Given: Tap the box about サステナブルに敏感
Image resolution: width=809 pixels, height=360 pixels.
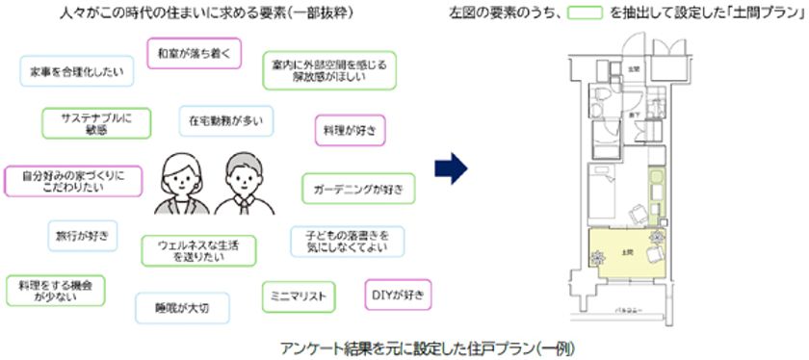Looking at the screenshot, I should coord(96,122).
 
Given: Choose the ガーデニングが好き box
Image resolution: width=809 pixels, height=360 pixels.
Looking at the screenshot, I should coord(358,187).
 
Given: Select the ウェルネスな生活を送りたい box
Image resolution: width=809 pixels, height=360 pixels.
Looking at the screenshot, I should coord(199,251).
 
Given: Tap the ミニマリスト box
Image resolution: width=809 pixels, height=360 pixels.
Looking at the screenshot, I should coord(300,295).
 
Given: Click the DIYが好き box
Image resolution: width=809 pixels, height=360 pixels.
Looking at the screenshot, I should coord(399,293).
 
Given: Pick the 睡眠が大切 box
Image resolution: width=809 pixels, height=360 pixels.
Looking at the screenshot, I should coord(180,307).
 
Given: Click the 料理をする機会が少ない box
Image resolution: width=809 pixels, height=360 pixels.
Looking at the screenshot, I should coord(56,292).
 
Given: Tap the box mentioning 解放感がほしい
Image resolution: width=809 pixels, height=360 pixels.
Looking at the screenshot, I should coord(325,72).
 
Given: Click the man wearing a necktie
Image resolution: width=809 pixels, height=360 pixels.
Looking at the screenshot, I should coord(238,183).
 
